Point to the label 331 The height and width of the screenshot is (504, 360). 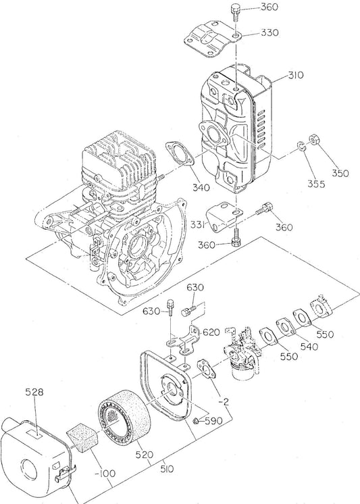[198, 224]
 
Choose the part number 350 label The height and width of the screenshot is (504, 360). [340, 174]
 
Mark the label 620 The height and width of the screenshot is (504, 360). [211, 332]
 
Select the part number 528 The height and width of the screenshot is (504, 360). [34, 392]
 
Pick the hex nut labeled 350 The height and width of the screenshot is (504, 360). [313, 141]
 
